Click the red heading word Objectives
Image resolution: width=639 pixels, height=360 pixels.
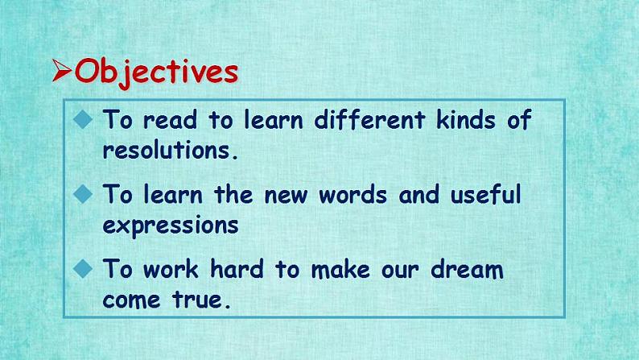click(x=156, y=72)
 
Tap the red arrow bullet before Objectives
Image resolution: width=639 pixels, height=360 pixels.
click(x=62, y=70)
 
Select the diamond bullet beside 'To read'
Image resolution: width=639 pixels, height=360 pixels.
click(x=83, y=119)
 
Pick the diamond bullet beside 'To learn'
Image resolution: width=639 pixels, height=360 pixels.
click(x=83, y=193)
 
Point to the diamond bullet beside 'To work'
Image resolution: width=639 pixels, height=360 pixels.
click(x=83, y=269)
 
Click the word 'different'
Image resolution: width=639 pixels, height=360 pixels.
click(x=369, y=119)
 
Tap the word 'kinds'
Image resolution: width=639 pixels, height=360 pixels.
click(x=466, y=119)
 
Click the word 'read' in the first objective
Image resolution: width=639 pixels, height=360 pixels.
click(x=171, y=120)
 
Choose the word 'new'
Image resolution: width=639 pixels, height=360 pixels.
click(x=286, y=195)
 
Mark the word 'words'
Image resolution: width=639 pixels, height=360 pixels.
click(x=353, y=194)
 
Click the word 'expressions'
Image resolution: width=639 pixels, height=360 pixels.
click(x=171, y=226)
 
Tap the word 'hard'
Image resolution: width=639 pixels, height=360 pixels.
click(x=237, y=269)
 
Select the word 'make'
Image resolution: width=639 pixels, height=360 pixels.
click(x=340, y=269)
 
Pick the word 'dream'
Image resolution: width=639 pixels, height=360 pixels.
click(x=467, y=269)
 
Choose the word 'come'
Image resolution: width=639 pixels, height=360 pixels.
click(x=131, y=301)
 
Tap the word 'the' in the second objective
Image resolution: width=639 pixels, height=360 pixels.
click(x=233, y=194)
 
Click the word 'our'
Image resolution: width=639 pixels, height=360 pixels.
click(x=400, y=271)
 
